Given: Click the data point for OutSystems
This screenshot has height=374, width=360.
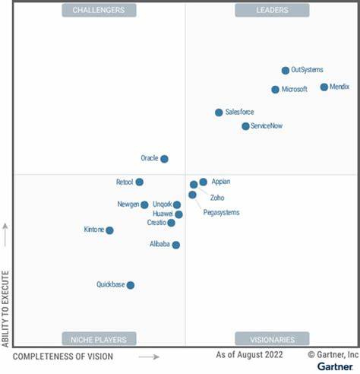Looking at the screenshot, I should point(286,70).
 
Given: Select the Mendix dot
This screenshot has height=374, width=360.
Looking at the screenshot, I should point(324,87).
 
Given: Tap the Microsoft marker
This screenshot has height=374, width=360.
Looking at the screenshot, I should point(275,89).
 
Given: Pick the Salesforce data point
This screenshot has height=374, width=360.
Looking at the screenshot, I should point(219,112).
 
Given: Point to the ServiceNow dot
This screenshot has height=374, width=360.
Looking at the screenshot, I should point(245,125).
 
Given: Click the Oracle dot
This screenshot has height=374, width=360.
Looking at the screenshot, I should point(164,159).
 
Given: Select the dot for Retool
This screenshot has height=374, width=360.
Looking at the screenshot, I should point(140,182).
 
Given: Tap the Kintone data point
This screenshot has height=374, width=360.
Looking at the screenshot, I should point(109,230).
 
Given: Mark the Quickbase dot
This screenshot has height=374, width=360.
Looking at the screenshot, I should point(131,285).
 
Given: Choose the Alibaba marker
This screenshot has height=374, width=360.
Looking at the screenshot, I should point(175,245).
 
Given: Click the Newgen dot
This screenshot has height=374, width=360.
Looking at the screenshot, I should point(144,204).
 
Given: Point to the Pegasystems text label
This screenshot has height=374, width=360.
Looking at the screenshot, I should point(221,213).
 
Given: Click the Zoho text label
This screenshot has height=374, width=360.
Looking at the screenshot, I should point(217,197).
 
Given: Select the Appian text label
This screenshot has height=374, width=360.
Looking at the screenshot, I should point(221,182).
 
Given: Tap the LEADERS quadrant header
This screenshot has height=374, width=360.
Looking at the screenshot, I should point(272,10).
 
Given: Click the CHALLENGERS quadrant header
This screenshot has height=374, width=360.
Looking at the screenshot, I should point(99,10).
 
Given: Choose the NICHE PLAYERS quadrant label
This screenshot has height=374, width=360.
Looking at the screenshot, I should point(99,339).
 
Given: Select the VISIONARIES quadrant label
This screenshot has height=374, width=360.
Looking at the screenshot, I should point(272,339).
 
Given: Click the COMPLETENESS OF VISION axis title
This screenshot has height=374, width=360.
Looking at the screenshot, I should point(63,356).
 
